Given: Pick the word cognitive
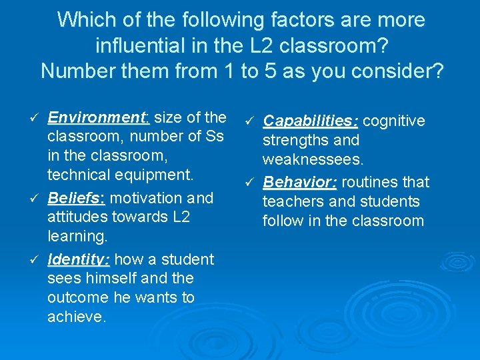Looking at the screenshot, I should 395,121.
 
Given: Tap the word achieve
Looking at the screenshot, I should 76,317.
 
